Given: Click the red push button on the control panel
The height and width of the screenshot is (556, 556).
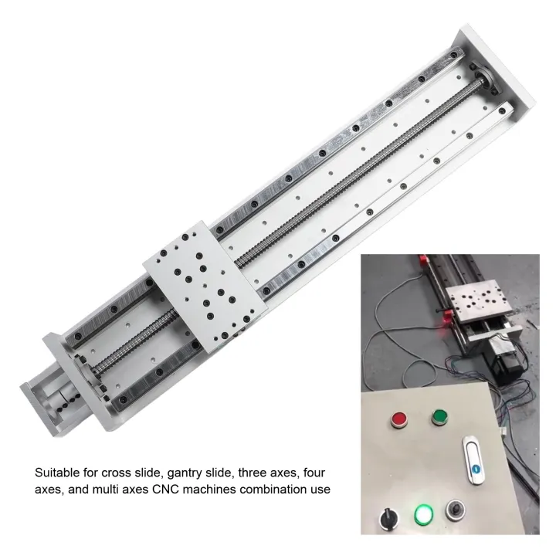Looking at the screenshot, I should pos(400,419).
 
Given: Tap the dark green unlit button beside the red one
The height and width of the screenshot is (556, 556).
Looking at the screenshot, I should pos(440,417).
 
